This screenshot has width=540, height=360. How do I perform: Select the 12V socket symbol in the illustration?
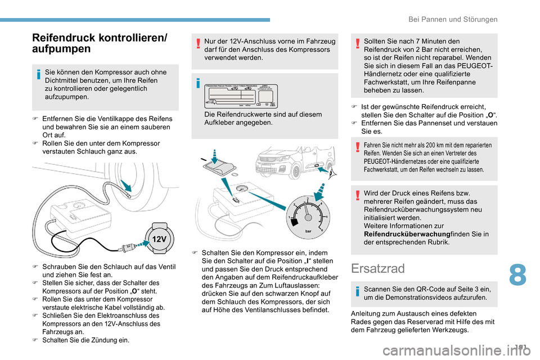[159, 238]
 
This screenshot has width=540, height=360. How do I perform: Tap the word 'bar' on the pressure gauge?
[308, 231]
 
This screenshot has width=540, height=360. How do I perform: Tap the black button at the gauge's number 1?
[294, 220]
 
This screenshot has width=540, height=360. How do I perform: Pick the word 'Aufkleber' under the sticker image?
[222, 123]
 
